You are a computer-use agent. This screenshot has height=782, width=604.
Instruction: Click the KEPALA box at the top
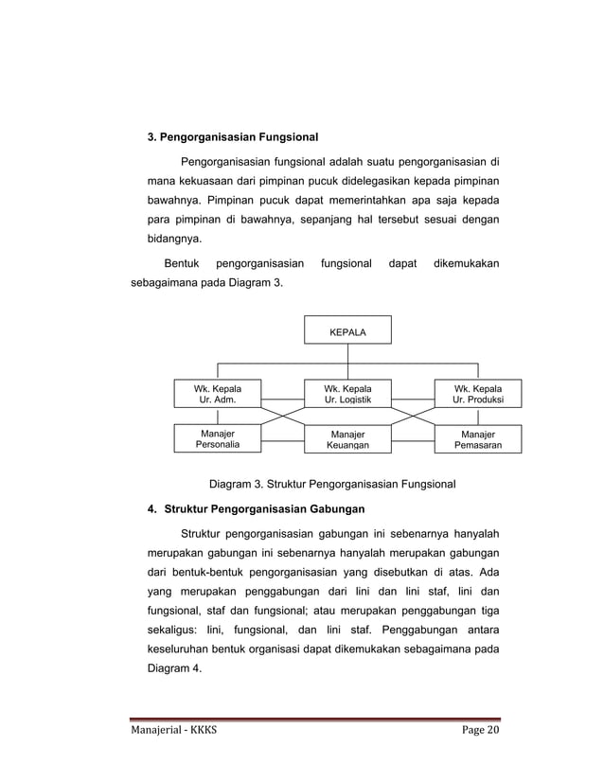tap(347, 332)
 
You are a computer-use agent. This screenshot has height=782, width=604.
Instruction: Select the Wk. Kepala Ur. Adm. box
tap(217, 394)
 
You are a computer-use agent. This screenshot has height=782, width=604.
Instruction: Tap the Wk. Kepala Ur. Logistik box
tap(347, 394)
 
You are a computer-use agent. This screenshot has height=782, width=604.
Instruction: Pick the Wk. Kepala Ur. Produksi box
tap(478, 394)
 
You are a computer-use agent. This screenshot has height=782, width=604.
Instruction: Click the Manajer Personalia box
tap(217, 439)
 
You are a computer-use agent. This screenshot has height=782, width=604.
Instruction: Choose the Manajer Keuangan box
tap(347, 439)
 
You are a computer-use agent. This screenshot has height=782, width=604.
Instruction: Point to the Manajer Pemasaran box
tap(478, 439)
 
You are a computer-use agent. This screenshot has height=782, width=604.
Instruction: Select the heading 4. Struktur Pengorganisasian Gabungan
tap(255, 509)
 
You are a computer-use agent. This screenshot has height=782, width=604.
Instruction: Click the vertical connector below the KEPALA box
tap(347, 354)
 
